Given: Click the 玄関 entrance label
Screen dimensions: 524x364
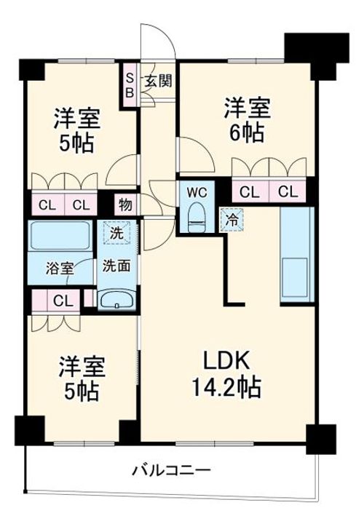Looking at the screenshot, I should [x=157, y=81].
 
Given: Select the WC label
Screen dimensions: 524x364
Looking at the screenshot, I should [x=196, y=192].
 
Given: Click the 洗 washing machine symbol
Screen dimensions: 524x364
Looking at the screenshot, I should [x=116, y=234].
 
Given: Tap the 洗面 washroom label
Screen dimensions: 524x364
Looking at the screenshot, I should [x=116, y=266].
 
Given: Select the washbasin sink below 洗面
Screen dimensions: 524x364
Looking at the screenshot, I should [x=116, y=300].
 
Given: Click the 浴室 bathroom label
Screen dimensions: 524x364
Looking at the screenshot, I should [x=60, y=266].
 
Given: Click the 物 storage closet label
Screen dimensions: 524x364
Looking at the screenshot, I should [x=125, y=205].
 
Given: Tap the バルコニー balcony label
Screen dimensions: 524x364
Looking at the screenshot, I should [x=170, y=469].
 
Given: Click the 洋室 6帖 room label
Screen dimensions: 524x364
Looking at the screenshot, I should [x=246, y=121].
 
